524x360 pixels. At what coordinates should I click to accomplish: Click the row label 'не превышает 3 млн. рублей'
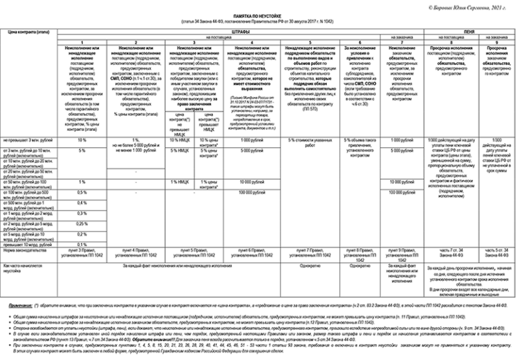27,139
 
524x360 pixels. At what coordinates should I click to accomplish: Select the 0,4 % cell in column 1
82,202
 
